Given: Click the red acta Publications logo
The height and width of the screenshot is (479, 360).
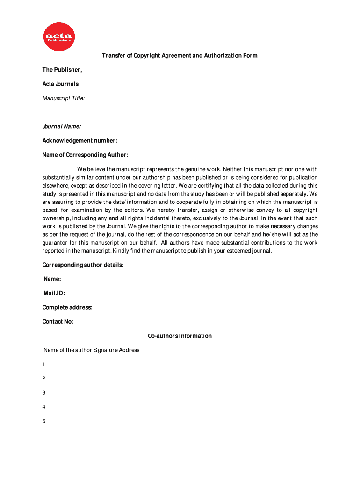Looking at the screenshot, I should click(59, 37).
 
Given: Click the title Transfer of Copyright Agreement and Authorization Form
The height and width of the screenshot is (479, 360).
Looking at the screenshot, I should click(180, 56).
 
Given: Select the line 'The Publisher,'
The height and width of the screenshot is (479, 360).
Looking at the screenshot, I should click(62, 70).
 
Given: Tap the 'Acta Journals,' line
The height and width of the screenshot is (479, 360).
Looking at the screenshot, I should click(61, 84).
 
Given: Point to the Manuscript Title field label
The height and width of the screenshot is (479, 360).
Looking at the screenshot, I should click(64, 98).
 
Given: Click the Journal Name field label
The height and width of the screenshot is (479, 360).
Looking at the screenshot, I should click(62, 126).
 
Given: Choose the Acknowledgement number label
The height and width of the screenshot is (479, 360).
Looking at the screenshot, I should click(80, 141).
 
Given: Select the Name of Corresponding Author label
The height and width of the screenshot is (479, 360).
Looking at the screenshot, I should click(85, 155).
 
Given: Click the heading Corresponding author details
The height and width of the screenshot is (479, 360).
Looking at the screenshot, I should click(83, 265).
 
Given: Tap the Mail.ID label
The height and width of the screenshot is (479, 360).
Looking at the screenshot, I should click(54, 293).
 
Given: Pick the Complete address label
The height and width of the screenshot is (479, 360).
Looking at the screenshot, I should click(67, 307).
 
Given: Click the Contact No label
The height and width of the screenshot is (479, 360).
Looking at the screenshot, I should click(58, 321).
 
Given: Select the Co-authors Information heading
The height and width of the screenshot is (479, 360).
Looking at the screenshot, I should click(180, 336).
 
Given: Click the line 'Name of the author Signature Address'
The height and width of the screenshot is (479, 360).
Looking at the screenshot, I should click(92, 350).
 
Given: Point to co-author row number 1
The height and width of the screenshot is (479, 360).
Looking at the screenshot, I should click(44, 364).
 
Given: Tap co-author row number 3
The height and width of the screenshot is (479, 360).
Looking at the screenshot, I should click(44, 393).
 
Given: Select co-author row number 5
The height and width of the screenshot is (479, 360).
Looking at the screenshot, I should click(44, 421).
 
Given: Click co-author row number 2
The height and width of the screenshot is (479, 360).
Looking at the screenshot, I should click(44, 378).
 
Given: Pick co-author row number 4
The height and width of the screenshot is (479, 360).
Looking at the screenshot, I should click(44, 407).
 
